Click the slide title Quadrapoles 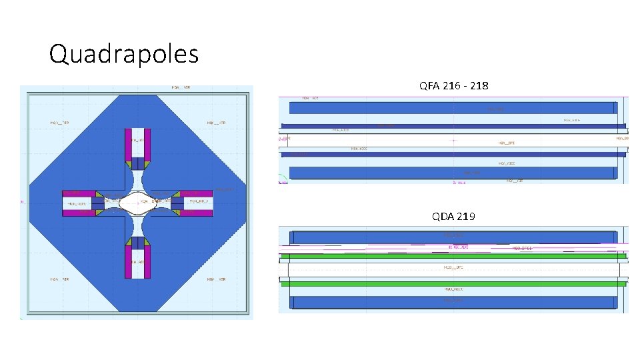tap(124, 54)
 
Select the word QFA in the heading tap(429, 86)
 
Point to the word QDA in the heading tap(443, 216)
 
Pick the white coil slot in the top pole tap(139, 143)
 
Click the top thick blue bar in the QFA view tap(452, 108)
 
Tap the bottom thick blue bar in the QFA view tap(452, 173)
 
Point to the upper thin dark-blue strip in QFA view tap(452, 125)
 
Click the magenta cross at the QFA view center tap(453, 141)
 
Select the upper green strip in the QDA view tap(452, 255)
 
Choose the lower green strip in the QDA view tap(452, 284)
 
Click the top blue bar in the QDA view tap(452, 237)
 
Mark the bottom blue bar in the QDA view tap(452, 302)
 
